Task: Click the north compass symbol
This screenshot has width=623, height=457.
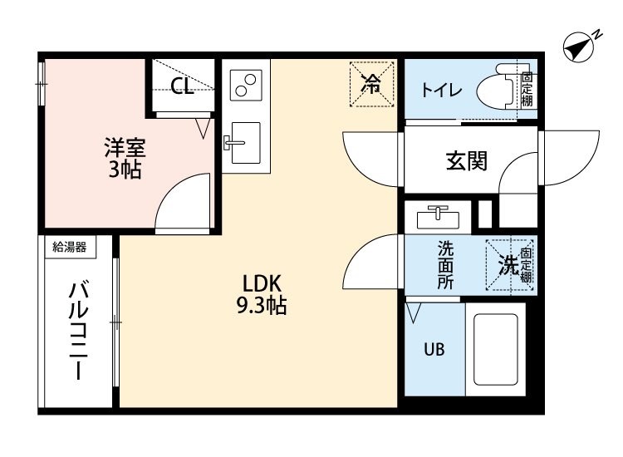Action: tap(580, 47)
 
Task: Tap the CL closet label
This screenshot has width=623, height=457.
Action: tap(182, 85)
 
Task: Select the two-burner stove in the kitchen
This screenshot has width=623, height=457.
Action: tap(246, 85)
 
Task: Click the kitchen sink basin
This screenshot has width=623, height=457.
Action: tap(246, 143)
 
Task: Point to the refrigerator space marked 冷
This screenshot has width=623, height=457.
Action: tap(371, 84)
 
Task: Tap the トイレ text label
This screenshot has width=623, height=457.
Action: tap(441, 91)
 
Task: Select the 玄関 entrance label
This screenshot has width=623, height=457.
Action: tap(467, 161)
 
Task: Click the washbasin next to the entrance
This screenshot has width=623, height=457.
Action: tap(438, 218)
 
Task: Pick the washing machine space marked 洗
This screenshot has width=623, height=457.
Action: tap(509, 265)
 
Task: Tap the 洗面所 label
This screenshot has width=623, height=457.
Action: tap(445, 265)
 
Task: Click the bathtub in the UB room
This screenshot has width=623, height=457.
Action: tap(495, 350)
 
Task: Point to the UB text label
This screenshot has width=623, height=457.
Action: tap(434, 349)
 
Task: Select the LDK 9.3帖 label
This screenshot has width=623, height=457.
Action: tap(262, 294)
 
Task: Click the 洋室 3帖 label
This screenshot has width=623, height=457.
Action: tap(125, 158)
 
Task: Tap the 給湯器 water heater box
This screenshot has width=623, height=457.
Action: tap(70, 247)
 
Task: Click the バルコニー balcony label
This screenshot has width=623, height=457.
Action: tap(78, 330)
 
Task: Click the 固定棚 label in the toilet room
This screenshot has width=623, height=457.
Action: tap(527, 90)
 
